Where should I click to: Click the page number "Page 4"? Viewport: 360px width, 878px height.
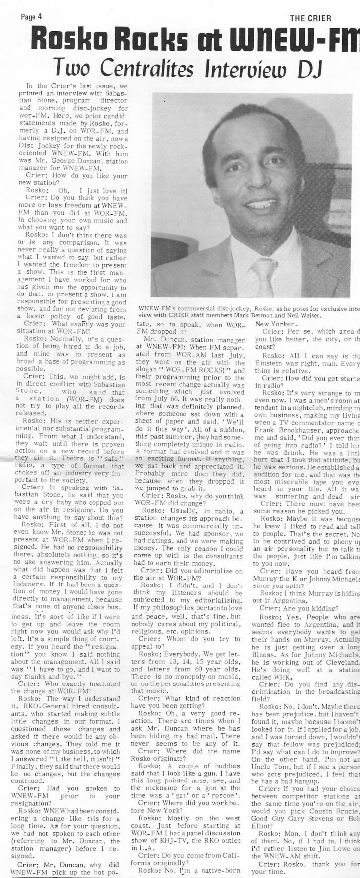tap(31, 16)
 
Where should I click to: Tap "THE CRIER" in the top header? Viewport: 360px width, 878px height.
tap(310, 18)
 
